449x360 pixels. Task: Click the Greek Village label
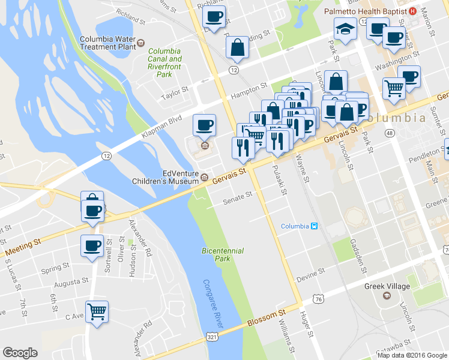pos(387,286)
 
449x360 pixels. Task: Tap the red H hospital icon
pos(412,11)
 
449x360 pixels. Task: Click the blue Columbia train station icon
pos(313,226)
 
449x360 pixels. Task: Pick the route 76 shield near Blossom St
pos(318,298)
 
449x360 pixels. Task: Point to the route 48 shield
pos(390,133)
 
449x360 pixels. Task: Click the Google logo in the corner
pos(20,353)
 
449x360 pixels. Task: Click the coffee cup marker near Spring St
pos(92,246)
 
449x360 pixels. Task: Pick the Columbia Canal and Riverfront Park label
pos(164,63)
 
